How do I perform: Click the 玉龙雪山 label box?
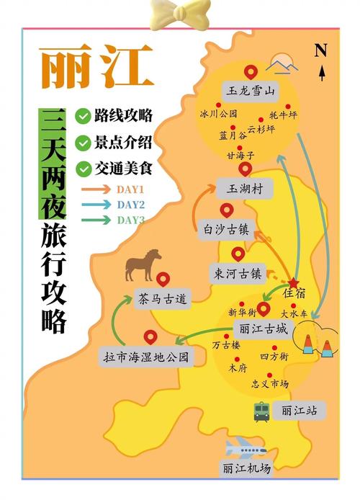pyautogui.click(x=251, y=91)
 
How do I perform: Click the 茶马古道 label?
pyautogui.click(x=162, y=298)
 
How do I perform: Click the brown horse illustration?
pyautogui.click(x=143, y=264)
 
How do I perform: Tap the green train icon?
pyautogui.click(x=261, y=411)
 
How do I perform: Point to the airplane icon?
pyautogui.click(x=246, y=447)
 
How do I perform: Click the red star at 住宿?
pyautogui.click(x=294, y=282)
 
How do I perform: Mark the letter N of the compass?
pyautogui.click(x=321, y=50)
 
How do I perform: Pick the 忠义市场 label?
pyautogui.click(x=270, y=384)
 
